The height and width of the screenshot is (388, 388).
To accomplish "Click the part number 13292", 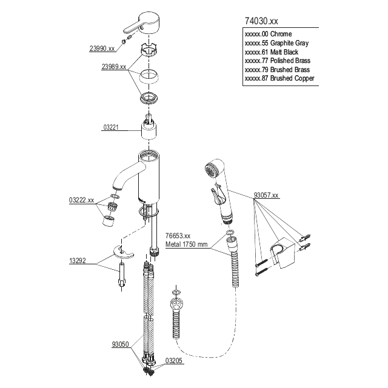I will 79,261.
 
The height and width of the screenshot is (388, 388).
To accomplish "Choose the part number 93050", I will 121,344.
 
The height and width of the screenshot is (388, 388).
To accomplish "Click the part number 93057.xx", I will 266,195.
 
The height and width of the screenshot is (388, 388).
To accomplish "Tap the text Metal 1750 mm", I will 186,244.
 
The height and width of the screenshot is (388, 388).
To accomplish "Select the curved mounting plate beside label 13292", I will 121,253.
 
